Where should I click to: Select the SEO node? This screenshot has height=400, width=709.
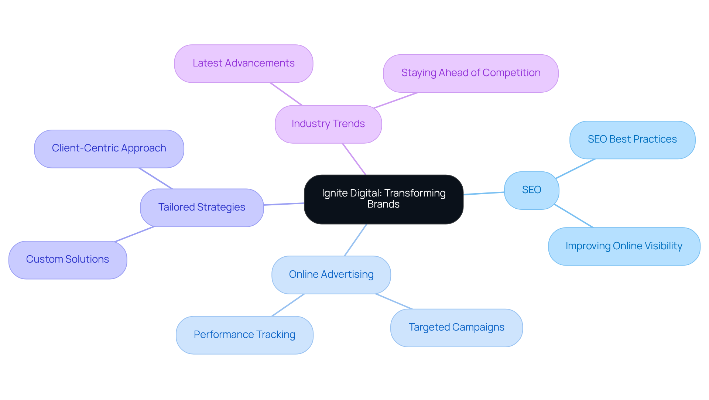point(531,190)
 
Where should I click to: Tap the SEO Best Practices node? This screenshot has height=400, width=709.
point(632,140)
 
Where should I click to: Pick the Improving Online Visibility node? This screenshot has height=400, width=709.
point(624,246)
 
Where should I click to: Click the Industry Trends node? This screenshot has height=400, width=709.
point(328,124)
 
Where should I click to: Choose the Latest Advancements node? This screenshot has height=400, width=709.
point(243,64)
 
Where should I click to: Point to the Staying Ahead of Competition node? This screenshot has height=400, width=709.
point(470,73)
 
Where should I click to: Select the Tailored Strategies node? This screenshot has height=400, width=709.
point(202,208)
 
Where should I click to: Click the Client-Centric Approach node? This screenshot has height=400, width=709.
point(109,148)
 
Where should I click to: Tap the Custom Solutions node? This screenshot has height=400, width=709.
point(68,260)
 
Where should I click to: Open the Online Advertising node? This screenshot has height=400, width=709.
point(331,275)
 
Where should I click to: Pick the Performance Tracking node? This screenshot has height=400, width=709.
point(244,335)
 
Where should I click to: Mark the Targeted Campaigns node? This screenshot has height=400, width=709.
point(456,328)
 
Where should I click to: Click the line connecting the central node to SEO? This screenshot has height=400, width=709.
point(484,193)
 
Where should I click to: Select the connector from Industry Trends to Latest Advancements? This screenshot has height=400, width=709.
point(286,94)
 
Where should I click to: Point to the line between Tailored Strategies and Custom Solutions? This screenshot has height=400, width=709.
point(134,234)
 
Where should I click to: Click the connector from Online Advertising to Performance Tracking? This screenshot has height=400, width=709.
point(288,305)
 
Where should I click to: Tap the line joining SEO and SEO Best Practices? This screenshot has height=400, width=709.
point(575,168)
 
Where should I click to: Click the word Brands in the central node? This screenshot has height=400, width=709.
point(383,204)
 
